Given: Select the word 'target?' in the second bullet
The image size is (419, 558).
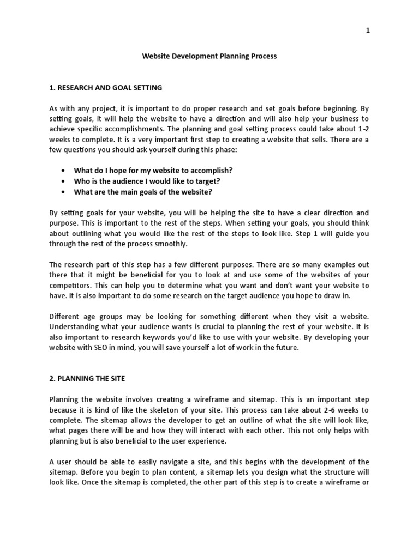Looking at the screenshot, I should (x=207, y=181).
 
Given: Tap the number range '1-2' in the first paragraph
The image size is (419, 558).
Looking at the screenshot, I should (x=362, y=129).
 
